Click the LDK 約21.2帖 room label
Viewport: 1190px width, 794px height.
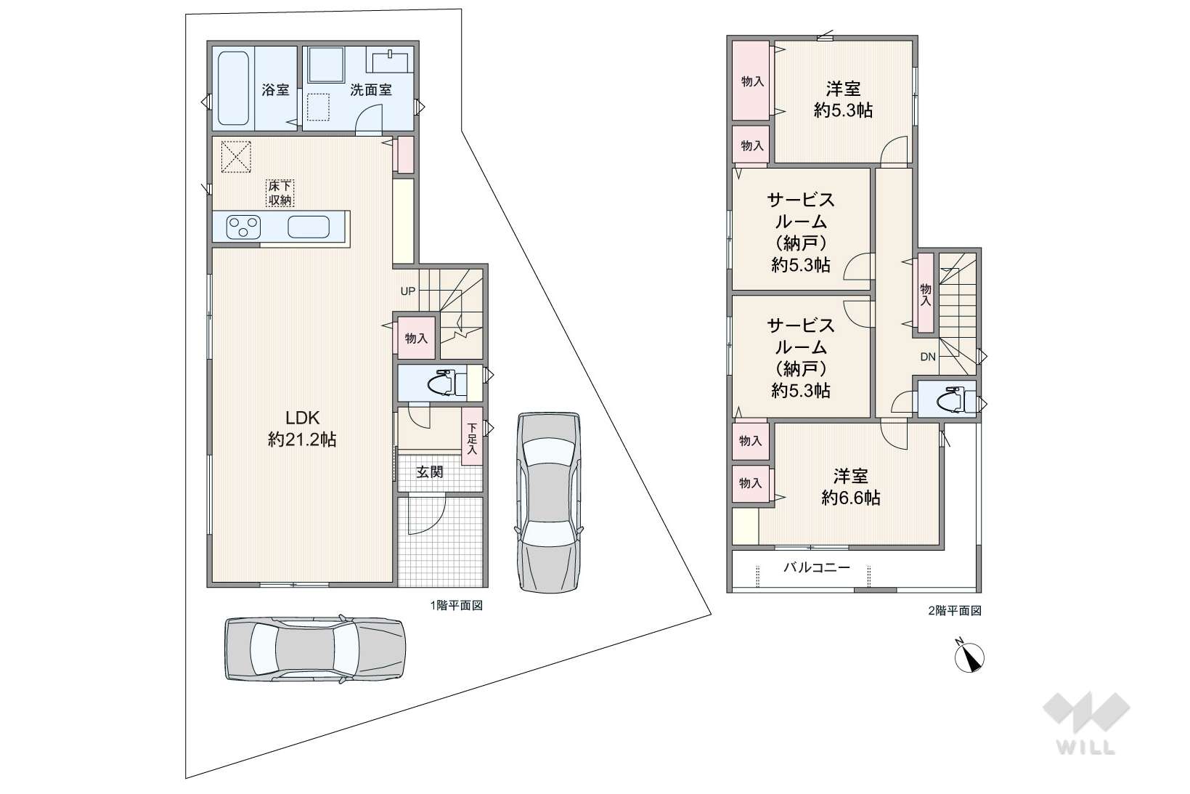coord(302,429)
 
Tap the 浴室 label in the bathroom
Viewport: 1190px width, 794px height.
coord(275,90)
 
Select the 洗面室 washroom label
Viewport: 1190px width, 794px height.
coord(371,90)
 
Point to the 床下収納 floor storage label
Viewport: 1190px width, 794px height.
coord(280,193)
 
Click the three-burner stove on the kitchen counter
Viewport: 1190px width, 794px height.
coord(243,227)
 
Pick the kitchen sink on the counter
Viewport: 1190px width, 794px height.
coord(309,227)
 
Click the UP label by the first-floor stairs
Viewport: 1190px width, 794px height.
coord(408,291)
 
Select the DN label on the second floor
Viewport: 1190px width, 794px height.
coord(928,357)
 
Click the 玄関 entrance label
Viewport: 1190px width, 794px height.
coord(429,472)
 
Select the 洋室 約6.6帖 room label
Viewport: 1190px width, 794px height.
coord(850,487)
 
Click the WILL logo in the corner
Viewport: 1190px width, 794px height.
coord(1086,724)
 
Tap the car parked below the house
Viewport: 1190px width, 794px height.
coord(315,649)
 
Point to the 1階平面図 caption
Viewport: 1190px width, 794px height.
coord(457,605)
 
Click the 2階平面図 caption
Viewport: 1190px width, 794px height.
coord(955,611)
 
